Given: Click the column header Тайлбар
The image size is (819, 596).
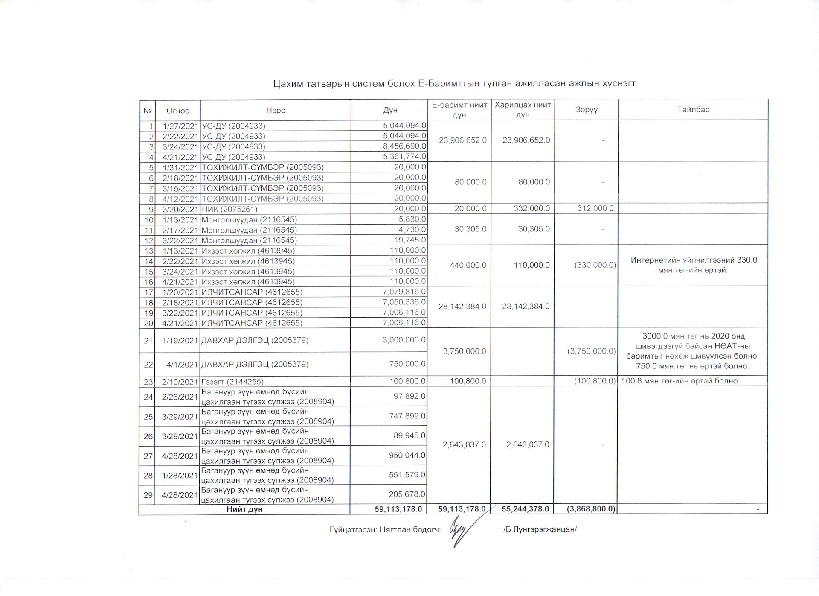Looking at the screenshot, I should point(693,110).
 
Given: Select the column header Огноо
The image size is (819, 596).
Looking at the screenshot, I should point(177,111).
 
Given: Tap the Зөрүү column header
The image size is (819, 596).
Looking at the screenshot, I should point(586,110).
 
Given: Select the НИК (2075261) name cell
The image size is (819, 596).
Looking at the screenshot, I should point(229,209).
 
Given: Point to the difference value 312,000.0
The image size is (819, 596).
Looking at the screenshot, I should point(595,208).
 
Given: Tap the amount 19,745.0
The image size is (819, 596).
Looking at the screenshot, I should point(408,240).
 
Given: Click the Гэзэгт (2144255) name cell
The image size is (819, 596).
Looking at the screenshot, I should point(232,382).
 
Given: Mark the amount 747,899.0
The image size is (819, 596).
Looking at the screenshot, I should point(407,416).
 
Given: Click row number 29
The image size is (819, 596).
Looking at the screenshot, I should point(148,495).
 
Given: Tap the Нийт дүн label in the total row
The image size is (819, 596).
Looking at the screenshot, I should point(244,509).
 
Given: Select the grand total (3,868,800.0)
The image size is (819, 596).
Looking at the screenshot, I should point(591,509).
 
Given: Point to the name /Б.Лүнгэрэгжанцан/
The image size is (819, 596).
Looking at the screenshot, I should point(540,529).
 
